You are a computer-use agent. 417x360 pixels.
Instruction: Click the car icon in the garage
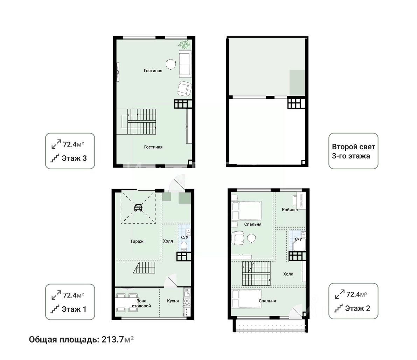pyautogui.click(x=138, y=208)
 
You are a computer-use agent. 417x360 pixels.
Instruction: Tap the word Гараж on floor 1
pyautogui.click(x=137, y=242)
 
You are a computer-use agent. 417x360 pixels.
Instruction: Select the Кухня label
pyautogui.click(x=173, y=301)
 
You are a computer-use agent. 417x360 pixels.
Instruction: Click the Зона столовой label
pyautogui.click(x=141, y=303)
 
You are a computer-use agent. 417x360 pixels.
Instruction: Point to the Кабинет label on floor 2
pyautogui.click(x=290, y=210)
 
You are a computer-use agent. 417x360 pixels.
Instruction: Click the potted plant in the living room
pyautogui.click(x=185, y=45)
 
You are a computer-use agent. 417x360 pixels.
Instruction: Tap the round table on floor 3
pyautogui.click(x=171, y=64)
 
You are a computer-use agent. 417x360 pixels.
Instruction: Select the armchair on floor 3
pyautogui.click(x=184, y=89)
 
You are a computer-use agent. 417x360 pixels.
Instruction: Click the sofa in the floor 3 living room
pyautogui.click(x=185, y=64)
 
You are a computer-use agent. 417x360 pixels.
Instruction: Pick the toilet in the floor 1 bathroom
pyautogui.click(x=184, y=246)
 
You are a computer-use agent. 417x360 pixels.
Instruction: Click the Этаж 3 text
pyautogui.click(x=74, y=158)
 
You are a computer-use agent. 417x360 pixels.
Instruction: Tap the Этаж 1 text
pyautogui.click(x=74, y=310)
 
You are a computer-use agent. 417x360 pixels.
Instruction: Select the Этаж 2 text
pyautogui.click(x=357, y=308)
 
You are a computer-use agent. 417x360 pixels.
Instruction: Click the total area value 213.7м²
pyautogui.click(x=118, y=340)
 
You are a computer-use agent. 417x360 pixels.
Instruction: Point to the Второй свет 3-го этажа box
pyautogui.click(x=353, y=151)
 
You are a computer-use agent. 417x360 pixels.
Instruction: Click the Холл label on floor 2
pyautogui.click(x=288, y=274)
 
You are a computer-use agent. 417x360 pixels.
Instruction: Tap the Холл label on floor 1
pyautogui.click(x=168, y=241)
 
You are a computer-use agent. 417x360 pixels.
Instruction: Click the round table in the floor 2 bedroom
pyautogui.click(x=252, y=238)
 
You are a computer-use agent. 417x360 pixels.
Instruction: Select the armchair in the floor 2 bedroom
pyautogui.click(x=238, y=238)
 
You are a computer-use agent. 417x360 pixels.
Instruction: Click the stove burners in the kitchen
pyautogui.click(x=187, y=303)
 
